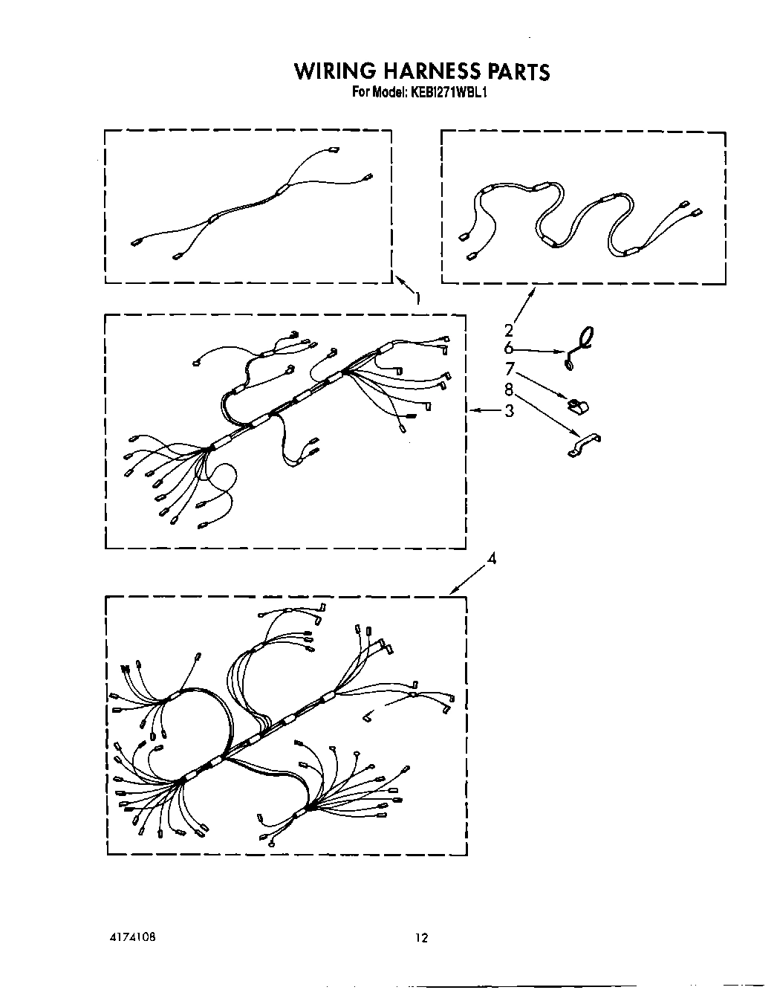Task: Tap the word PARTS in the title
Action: [518, 71]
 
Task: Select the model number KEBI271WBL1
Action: [443, 94]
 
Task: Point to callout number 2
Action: [509, 330]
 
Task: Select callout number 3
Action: [509, 410]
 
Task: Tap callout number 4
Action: [491, 558]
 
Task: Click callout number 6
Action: [509, 348]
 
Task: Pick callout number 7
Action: [509, 369]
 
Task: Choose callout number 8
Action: [509, 389]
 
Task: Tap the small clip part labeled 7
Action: [577, 405]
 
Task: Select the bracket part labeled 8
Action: [583, 446]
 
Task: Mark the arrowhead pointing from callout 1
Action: [396, 279]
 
